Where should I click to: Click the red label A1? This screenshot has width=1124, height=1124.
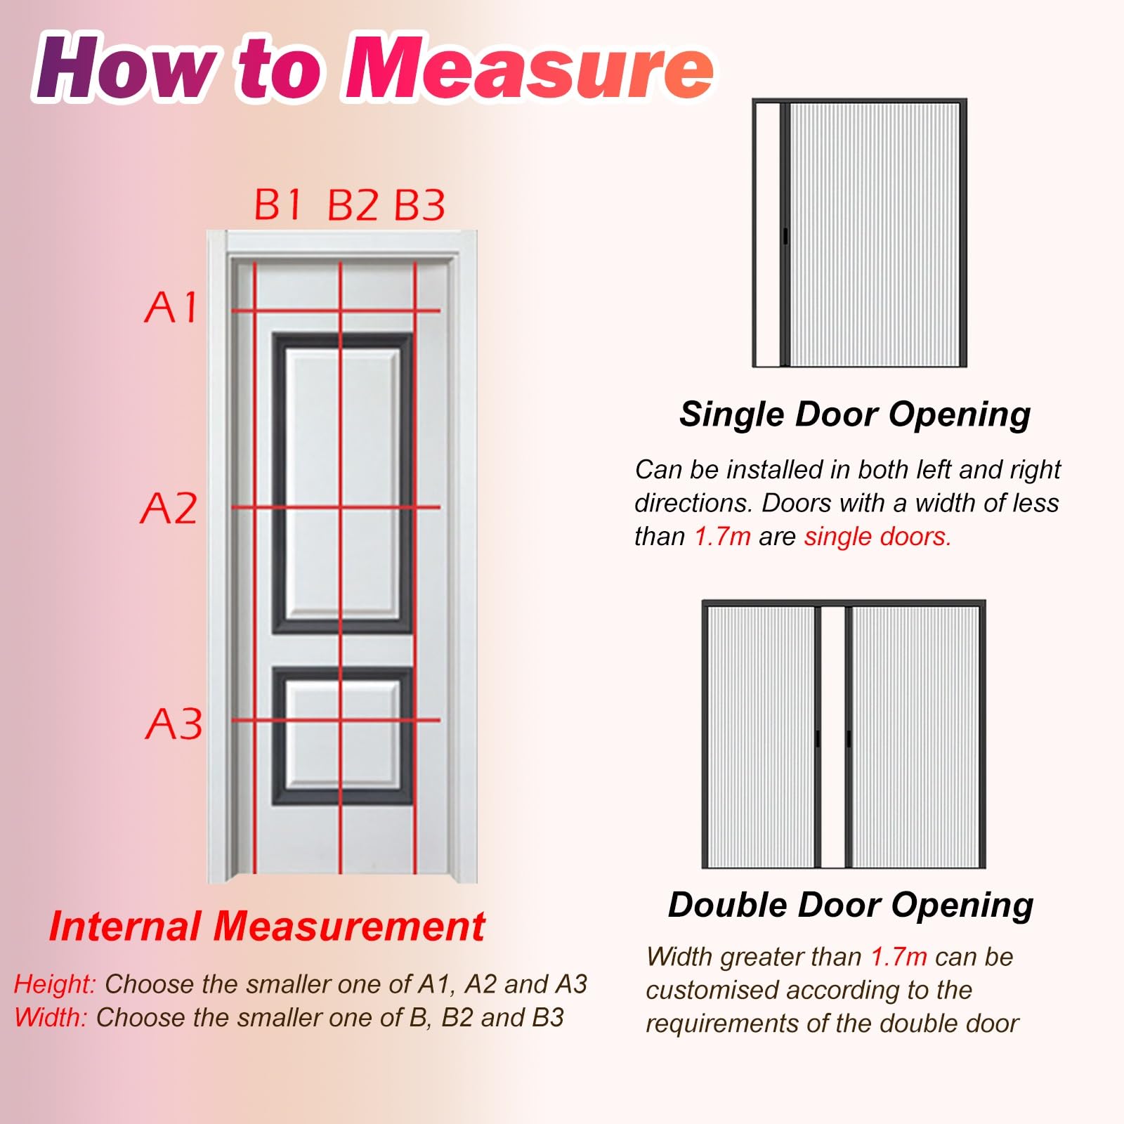click(x=171, y=307)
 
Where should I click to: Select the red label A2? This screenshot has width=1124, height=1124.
click(x=169, y=508)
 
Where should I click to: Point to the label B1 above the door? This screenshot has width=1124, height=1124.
click(x=277, y=204)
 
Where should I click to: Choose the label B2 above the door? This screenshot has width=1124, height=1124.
click(x=353, y=205)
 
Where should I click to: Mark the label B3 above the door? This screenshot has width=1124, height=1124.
click(x=419, y=205)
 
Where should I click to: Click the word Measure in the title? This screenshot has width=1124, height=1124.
click(x=529, y=68)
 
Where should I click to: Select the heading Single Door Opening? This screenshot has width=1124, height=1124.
click(x=855, y=415)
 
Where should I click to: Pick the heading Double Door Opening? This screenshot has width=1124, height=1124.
click(x=851, y=906)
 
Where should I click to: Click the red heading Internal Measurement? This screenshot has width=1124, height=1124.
click(x=267, y=926)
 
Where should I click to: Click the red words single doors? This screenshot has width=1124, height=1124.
click(x=877, y=537)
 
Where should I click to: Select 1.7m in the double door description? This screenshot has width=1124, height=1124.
click(x=898, y=957)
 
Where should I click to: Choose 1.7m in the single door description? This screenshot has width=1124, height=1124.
click(x=722, y=537)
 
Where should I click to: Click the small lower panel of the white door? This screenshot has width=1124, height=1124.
click(x=342, y=736)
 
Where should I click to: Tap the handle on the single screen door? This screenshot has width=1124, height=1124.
click(x=785, y=236)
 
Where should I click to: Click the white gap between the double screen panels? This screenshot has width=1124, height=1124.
click(x=833, y=736)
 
